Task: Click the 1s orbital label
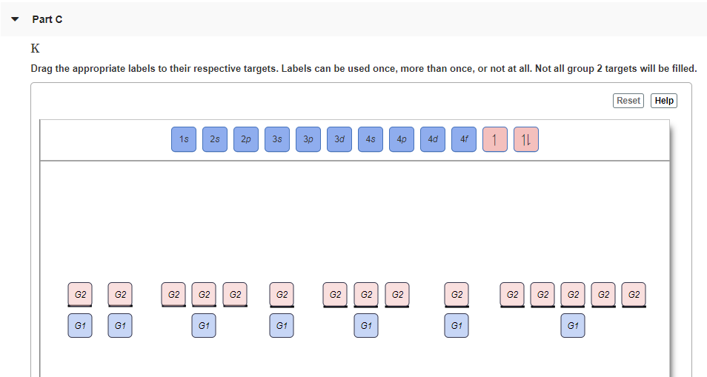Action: (184, 139)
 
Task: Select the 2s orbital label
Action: (215, 139)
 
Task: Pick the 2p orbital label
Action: (246, 139)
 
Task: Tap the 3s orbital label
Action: (277, 139)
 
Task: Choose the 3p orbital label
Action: (308, 139)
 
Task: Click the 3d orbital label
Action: (339, 139)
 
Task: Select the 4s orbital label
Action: (371, 139)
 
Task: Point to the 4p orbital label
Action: (401, 139)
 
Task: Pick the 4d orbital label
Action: (432, 139)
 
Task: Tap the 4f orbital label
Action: (463, 139)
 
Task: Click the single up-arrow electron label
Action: (494, 139)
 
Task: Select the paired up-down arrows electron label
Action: (525, 139)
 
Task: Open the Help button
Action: (664, 101)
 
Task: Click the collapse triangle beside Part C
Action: (15, 19)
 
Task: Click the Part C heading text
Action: (47, 19)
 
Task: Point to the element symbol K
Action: (35, 48)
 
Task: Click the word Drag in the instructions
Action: (42, 69)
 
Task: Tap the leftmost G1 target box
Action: (80, 326)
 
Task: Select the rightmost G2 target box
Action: (634, 295)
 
